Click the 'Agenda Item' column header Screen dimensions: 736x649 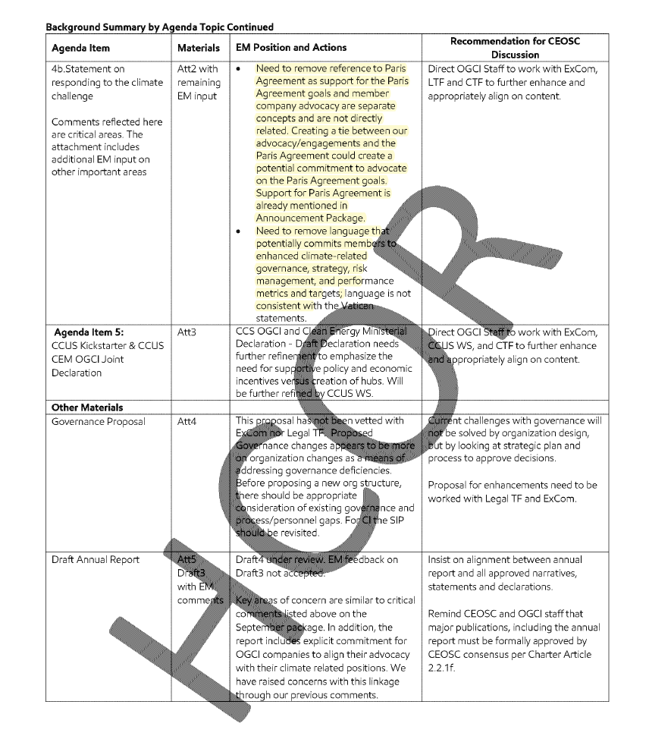(x=80, y=48)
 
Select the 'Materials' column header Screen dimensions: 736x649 (x=198, y=48)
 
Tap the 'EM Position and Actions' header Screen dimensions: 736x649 (x=291, y=48)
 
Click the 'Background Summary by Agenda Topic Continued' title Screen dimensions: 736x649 (x=159, y=27)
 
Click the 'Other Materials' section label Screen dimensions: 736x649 (x=87, y=407)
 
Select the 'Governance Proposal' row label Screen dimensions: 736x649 (x=98, y=421)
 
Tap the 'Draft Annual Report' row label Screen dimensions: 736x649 (x=96, y=560)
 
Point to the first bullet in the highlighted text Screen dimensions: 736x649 (x=240, y=69)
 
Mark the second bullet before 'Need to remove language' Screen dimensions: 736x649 (x=240, y=231)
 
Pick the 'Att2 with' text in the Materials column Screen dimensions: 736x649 (x=197, y=69)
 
